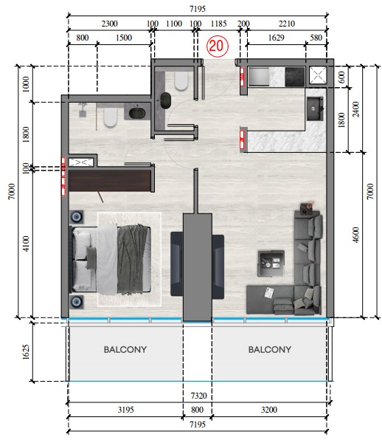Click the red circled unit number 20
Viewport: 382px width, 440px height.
(218, 46)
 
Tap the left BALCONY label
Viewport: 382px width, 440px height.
(125, 349)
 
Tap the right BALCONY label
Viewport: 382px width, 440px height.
(270, 349)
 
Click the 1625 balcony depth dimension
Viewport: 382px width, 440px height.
(26, 352)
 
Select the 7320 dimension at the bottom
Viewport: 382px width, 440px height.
(198, 396)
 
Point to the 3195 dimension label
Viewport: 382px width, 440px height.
(125, 410)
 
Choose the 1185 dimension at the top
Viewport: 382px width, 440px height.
(218, 24)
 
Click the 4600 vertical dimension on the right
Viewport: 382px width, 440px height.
(355, 235)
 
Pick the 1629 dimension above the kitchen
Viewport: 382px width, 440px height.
(276, 38)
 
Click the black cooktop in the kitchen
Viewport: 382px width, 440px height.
(295, 77)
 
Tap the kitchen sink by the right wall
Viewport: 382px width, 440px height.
(316, 109)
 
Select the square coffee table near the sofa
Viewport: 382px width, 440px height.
(271, 264)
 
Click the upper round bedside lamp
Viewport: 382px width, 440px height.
(76, 216)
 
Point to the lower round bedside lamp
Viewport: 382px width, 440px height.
(76, 302)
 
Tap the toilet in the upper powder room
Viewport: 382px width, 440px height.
(181, 81)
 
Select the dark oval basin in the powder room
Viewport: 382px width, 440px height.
(166, 100)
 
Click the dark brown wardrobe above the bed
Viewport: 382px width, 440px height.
(110, 181)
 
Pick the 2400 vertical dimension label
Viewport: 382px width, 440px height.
(355, 109)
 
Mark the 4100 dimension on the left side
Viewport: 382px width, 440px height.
(26, 244)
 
